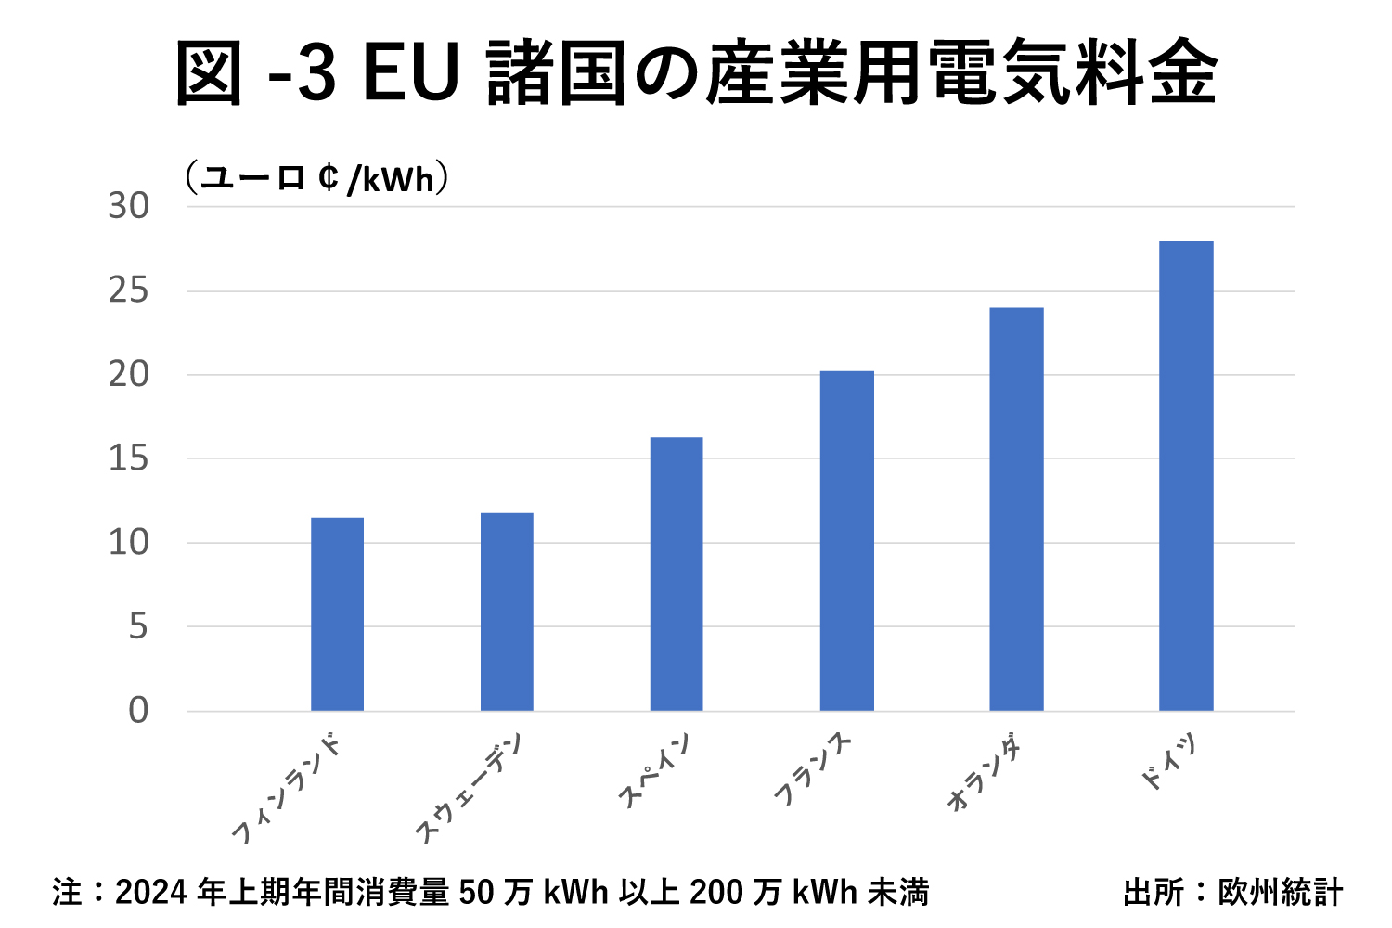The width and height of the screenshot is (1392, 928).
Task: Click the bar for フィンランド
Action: pos(337,614)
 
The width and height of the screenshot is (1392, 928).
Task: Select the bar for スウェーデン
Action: pos(507,612)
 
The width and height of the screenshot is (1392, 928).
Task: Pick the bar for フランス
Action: pos(846,541)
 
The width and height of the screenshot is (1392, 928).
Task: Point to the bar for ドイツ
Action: pos(1186,476)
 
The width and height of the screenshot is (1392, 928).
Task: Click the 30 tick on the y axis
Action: pos(129,206)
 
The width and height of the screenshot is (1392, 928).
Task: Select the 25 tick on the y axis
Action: pos(129,291)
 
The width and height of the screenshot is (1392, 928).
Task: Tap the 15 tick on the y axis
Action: pos(129,458)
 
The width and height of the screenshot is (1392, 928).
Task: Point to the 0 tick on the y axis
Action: pos(138,711)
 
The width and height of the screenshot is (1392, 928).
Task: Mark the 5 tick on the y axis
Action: pos(138,627)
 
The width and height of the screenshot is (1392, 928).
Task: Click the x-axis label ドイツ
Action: pos(1168,763)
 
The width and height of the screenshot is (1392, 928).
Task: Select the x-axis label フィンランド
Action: pos(287,789)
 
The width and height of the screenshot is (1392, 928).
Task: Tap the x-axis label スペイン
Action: pos(655,770)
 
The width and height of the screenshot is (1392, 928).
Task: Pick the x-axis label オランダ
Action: pos(986,776)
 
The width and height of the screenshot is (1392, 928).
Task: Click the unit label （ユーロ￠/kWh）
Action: pos(316,178)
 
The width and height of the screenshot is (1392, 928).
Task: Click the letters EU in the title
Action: pos(411,73)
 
